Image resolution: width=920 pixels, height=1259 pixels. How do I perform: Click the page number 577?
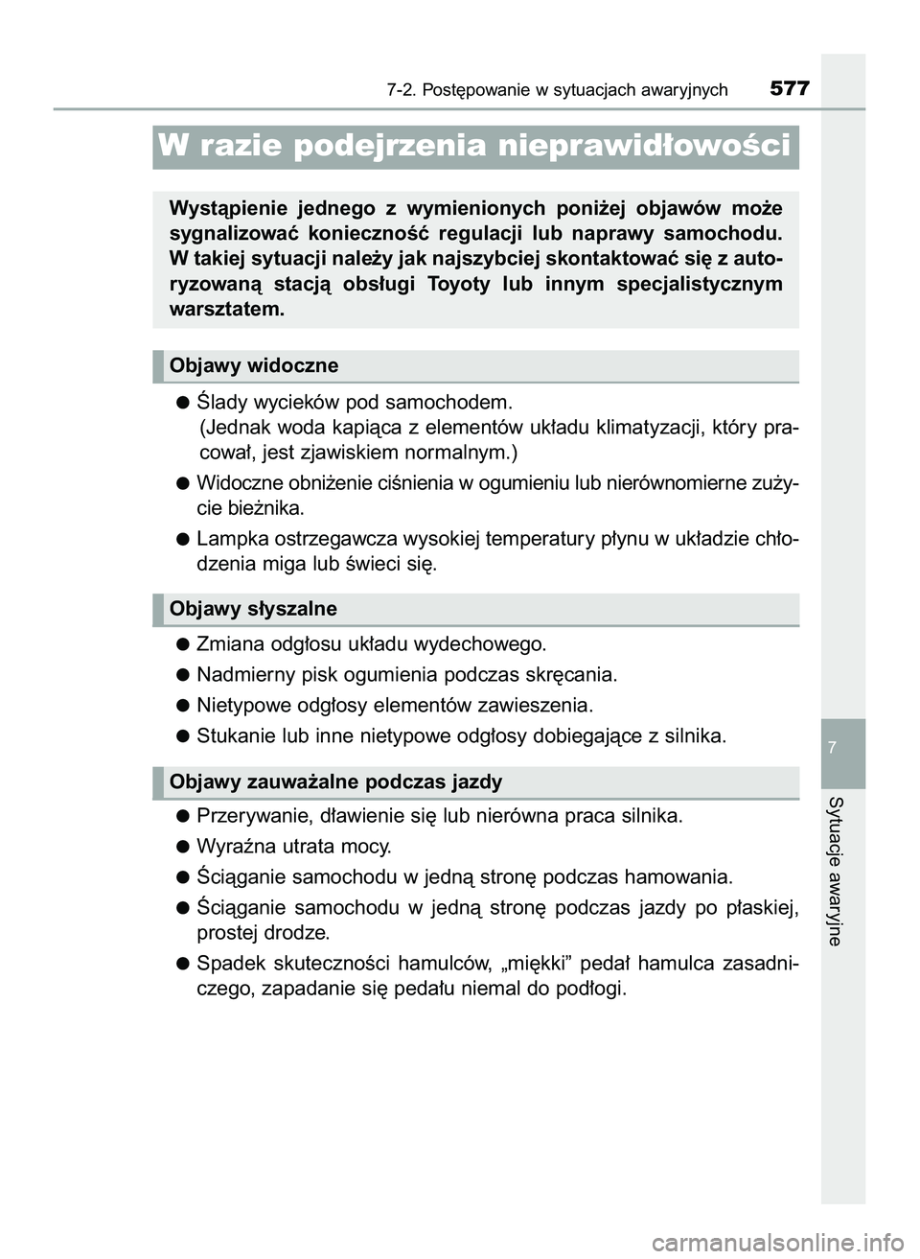click(x=790, y=89)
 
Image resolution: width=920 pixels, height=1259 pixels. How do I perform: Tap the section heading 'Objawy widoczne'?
click(x=254, y=365)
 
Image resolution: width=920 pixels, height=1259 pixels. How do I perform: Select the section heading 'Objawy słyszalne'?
click(x=253, y=609)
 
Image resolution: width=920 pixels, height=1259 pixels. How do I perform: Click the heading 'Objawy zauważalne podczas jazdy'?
click(x=335, y=781)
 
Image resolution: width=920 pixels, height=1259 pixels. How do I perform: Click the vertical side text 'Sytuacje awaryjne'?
click(x=835, y=871)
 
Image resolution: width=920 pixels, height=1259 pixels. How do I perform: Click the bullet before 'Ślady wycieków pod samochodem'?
click(x=181, y=401)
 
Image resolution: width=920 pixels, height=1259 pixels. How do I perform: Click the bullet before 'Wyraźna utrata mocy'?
click(x=181, y=847)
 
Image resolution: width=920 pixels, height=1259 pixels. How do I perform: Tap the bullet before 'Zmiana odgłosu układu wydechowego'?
click(x=181, y=644)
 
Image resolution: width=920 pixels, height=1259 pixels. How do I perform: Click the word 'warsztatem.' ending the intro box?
click(x=226, y=309)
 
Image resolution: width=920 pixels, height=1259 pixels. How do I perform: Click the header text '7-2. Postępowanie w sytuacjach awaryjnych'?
click(x=558, y=90)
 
